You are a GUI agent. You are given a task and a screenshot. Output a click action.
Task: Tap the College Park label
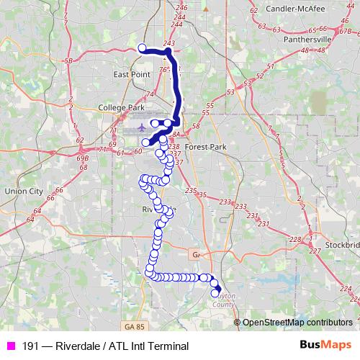pyautogui.click(x=122, y=108)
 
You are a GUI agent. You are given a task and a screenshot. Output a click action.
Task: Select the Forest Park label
pyautogui.click(x=205, y=146)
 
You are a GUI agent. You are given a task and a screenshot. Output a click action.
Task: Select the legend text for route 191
pyautogui.click(x=105, y=346)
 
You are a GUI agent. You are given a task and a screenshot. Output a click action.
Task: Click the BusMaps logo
pyautogui.click(x=325, y=346)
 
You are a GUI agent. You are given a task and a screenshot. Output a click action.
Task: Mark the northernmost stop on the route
pyautogui.click(x=142, y=48)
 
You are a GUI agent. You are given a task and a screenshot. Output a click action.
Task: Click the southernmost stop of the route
pyautogui.click(x=215, y=293)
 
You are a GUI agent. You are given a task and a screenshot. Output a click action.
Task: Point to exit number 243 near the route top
pyautogui.click(x=169, y=44)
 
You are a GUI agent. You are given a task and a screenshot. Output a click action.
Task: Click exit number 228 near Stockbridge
pyautogui.click(x=294, y=240)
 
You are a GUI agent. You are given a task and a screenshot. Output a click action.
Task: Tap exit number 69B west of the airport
pyautogui.click(x=82, y=157)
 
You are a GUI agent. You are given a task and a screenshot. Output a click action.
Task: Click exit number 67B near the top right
pyautogui.click(x=346, y=32)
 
